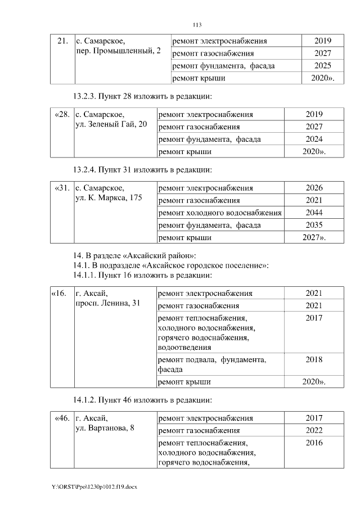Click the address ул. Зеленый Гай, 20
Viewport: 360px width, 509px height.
click(111, 124)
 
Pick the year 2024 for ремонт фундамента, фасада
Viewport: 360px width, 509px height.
click(314, 138)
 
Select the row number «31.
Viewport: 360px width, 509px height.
click(62, 188)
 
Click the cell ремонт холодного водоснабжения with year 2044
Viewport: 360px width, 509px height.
click(220, 213)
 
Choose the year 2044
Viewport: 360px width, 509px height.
click(314, 213)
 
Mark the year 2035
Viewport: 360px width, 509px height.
click(314, 225)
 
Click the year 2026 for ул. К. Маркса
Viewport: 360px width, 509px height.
click(314, 188)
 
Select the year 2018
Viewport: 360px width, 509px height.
click(314, 359)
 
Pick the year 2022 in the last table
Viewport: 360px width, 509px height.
click(314, 431)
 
